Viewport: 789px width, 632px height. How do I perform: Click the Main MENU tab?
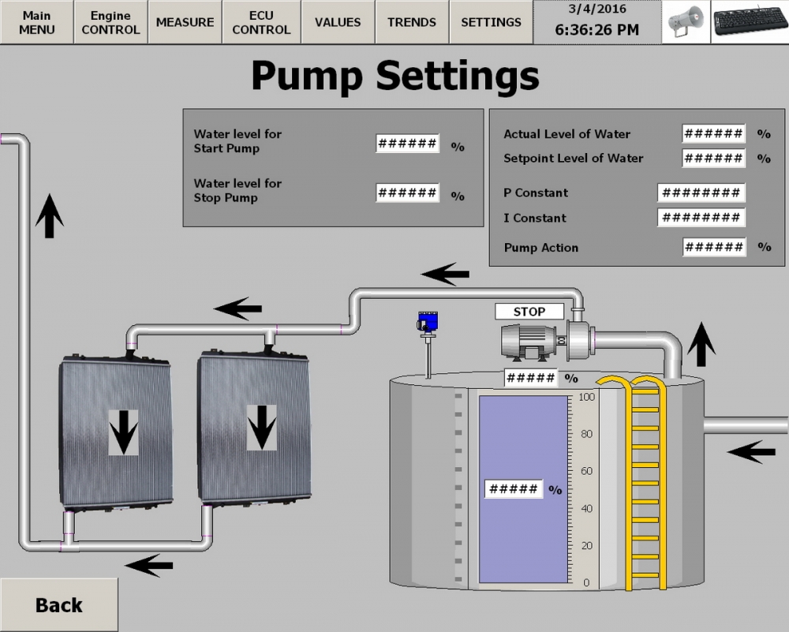pyautogui.click(x=36, y=22)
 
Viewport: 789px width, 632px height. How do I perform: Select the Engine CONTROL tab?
pyautogui.click(x=110, y=22)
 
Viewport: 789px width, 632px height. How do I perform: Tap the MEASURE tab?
pyautogui.click(x=185, y=22)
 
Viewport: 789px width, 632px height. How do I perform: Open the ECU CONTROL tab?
pyautogui.click(x=261, y=22)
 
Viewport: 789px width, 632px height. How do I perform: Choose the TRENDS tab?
pyautogui.click(x=412, y=22)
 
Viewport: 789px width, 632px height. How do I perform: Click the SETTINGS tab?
pyautogui.click(x=491, y=22)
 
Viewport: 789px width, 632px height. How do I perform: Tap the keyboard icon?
pyautogui.click(x=749, y=22)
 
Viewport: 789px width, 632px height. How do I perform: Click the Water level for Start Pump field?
pyautogui.click(x=407, y=144)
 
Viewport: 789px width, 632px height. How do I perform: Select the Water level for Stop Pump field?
pyautogui.click(x=407, y=193)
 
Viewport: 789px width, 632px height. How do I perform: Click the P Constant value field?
pyautogui.click(x=701, y=193)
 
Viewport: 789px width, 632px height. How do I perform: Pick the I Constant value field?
pyautogui.click(x=701, y=218)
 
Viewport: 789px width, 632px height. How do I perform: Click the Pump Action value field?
pyautogui.click(x=713, y=248)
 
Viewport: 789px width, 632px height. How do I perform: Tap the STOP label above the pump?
pyautogui.click(x=529, y=312)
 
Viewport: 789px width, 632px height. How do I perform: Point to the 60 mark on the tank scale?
pyautogui.click(x=586, y=471)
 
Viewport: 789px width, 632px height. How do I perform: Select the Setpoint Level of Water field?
pyautogui.click(x=713, y=158)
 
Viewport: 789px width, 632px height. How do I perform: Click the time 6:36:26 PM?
pyautogui.click(x=597, y=30)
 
